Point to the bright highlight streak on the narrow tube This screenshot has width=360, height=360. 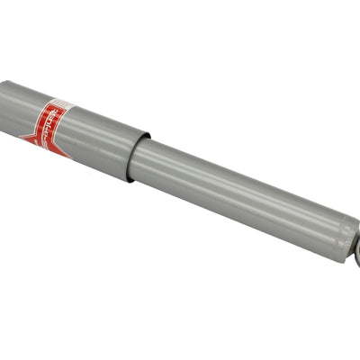coord(243,180)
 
